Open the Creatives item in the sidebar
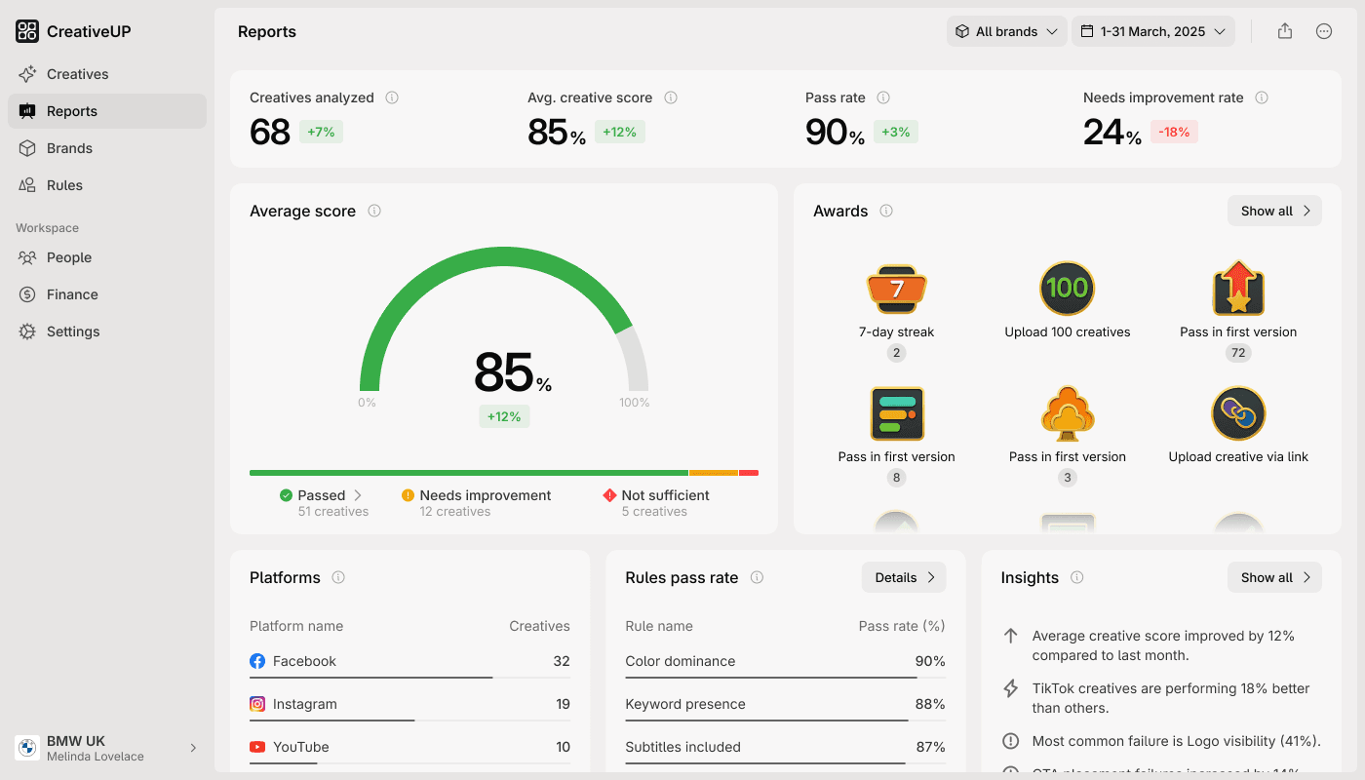[x=77, y=74]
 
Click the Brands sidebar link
[x=69, y=148]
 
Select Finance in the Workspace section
[x=72, y=294]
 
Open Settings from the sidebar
[x=73, y=331]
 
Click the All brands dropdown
[x=1006, y=31]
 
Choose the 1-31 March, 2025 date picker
[x=1152, y=31]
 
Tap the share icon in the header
[x=1285, y=31]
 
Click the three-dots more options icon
[x=1324, y=31]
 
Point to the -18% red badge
[x=1174, y=132]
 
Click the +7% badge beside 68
[x=321, y=132]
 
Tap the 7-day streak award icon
[x=896, y=289]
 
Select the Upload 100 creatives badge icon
[x=1067, y=289]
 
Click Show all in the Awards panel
[x=1274, y=211]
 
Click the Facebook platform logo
[x=257, y=661]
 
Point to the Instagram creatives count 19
[x=562, y=704]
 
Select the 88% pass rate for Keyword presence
[x=930, y=704]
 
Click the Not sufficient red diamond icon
[x=610, y=495]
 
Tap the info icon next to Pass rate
[x=883, y=97]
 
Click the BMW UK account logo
[x=27, y=748]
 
